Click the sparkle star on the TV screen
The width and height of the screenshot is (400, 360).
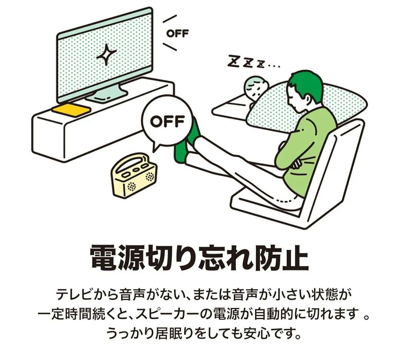106,54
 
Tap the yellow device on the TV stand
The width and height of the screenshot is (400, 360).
71,109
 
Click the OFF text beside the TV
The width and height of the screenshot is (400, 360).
177,33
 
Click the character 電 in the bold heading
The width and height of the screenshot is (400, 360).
104,257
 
